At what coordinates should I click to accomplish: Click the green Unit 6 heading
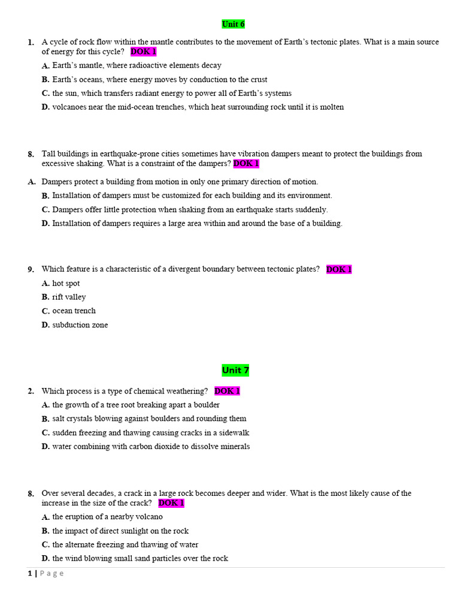(233, 24)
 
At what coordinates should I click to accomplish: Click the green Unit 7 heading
(235, 370)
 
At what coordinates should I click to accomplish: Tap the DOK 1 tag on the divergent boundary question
(339, 269)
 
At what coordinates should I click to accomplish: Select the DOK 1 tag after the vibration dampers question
(246, 163)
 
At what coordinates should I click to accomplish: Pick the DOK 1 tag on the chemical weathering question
(227, 391)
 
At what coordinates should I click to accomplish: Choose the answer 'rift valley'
(69, 297)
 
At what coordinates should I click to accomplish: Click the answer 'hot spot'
(66, 283)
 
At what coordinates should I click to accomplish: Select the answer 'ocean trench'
(74, 311)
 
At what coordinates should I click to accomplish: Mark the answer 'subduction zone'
(80, 325)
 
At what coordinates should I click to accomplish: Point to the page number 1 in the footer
(29, 573)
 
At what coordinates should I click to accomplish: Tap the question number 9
(31, 270)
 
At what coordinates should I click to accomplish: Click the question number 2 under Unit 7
(31, 392)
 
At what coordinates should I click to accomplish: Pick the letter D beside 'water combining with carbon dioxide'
(46, 447)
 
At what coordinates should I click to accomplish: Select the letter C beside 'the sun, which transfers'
(46, 94)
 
